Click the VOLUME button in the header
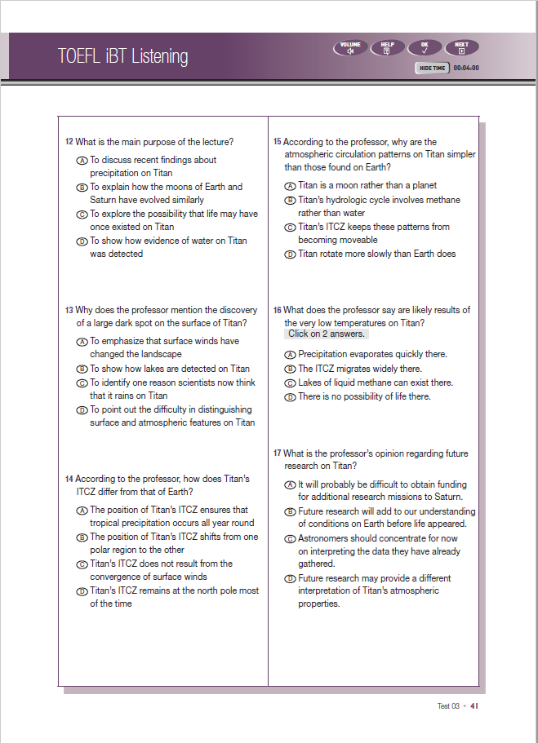[350, 48]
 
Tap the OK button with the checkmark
[425, 48]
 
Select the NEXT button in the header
[461, 48]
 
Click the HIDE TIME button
[432, 69]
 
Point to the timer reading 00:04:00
[466, 69]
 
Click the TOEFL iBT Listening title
[122, 56]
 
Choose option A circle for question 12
[82, 161]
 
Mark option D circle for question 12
[82, 241]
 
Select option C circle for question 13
[82, 383]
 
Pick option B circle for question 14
[82, 537]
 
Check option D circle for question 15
[290, 254]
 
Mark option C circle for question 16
[290, 383]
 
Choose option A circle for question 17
[290, 484]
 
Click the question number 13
[69, 311]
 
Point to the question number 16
[278, 311]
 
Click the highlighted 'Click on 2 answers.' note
[327, 334]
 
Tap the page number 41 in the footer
[474, 706]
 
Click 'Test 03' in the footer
[448, 706]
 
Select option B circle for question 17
[290, 511]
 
